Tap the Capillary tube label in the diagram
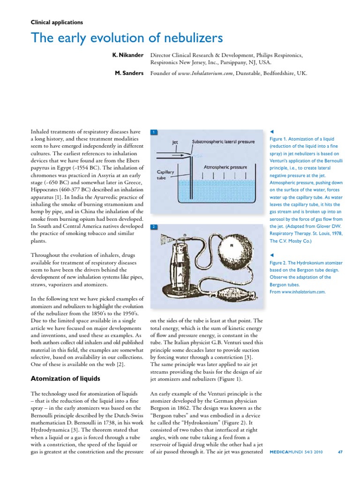pyautogui.click(x=165, y=175)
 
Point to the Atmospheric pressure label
pyautogui.click(x=225, y=167)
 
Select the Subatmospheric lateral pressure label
pyautogui.click(x=224, y=141)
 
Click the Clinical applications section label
pyautogui.click(x=57, y=22)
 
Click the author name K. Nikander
pyautogui.click(x=127, y=55)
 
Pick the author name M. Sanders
pyautogui.click(x=129, y=73)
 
